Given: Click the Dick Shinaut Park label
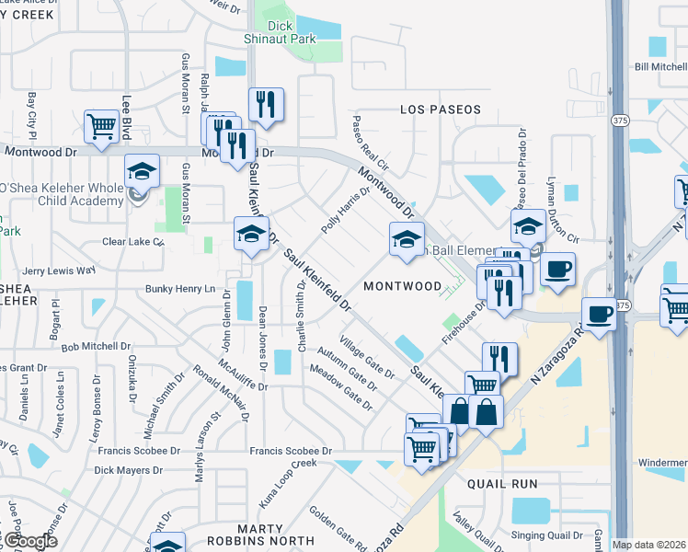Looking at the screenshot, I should (293, 32).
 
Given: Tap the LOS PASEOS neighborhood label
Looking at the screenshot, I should (441, 109).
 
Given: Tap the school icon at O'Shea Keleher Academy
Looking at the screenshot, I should (143, 171).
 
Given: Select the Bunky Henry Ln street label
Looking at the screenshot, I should (180, 289).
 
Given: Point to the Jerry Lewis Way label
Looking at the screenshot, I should (59, 270).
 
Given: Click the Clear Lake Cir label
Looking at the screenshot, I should (132, 243).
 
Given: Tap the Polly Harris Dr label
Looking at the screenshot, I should (345, 211).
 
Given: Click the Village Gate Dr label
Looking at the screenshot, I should (366, 357).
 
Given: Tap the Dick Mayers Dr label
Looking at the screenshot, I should (128, 470).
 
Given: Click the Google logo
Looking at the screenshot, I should (29, 541).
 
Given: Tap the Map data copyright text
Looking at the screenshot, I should (649, 545).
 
